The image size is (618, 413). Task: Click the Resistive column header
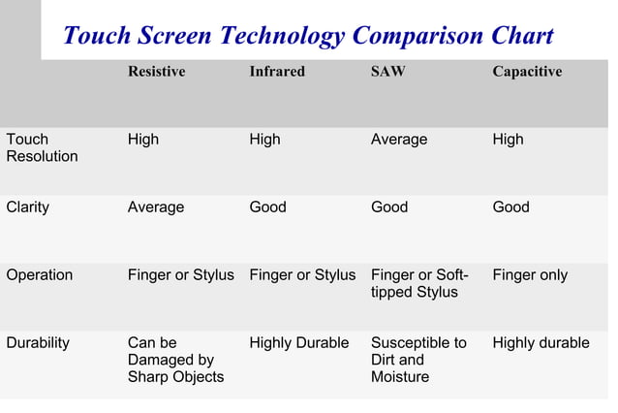click(x=156, y=72)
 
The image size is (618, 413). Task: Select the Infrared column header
click(x=276, y=72)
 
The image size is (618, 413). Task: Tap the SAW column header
click(x=387, y=72)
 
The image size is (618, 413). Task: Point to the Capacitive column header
click(x=526, y=72)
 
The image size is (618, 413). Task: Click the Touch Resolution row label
click(x=42, y=147)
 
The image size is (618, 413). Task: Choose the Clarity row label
click(x=27, y=206)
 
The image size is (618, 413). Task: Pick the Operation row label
click(x=39, y=274)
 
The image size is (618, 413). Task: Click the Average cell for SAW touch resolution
click(x=398, y=140)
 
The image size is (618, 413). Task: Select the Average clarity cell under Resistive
click(x=155, y=206)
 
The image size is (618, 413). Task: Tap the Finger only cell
click(x=529, y=274)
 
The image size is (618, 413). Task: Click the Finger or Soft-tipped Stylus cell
click(x=419, y=283)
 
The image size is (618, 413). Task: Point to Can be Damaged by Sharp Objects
click(x=175, y=360)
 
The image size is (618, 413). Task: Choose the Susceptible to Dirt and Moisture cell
click(x=418, y=360)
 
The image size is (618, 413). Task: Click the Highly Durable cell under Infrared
click(x=298, y=342)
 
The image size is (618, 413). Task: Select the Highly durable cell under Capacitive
click(x=541, y=342)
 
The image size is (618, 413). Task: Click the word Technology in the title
click(x=282, y=37)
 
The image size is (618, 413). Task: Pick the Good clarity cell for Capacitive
click(x=510, y=206)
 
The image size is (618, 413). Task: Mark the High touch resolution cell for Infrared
click(x=264, y=140)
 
